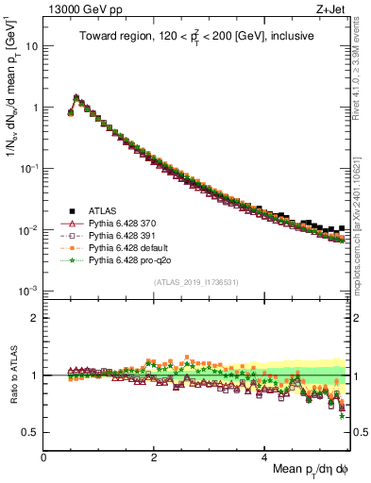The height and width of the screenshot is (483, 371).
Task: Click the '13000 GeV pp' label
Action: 78,9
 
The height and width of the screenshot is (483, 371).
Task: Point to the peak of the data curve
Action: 76,96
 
